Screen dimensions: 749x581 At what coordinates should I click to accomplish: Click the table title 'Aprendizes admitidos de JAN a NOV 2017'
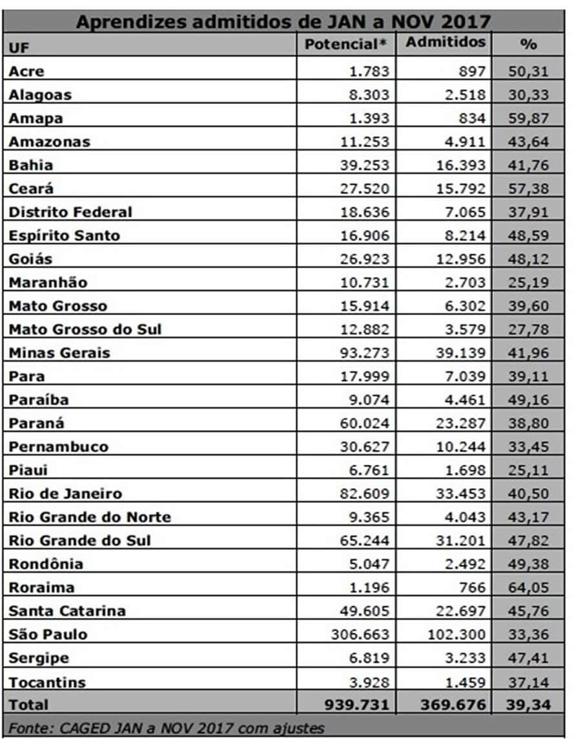click(x=283, y=21)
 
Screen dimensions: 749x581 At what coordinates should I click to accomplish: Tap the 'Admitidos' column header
click(x=445, y=43)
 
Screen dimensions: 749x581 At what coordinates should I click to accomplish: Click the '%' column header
click(x=528, y=45)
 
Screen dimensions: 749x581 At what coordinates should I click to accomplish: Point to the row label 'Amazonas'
click(x=50, y=141)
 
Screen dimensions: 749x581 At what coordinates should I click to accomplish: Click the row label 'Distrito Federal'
click(x=70, y=212)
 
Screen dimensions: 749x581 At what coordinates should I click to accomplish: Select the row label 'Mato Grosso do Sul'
click(x=85, y=329)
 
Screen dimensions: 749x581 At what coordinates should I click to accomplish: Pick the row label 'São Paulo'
click(x=48, y=634)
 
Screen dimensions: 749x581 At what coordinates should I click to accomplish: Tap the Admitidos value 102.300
click(x=456, y=634)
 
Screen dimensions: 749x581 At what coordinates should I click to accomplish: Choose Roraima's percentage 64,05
click(x=528, y=588)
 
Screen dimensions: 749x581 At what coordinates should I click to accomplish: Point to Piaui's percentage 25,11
click(x=528, y=470)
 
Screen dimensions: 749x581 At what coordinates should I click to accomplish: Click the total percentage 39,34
click(x=528, y=704)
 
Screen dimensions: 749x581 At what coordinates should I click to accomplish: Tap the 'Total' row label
click(x=28, y=704)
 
